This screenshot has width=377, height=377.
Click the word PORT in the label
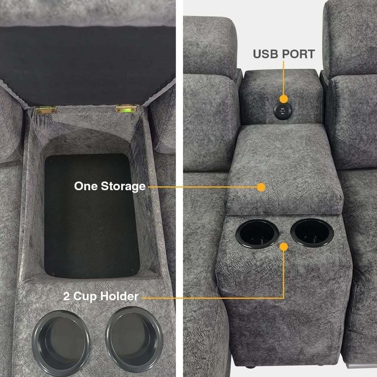click(299, 54)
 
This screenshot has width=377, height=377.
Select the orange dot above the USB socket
click(284, 99)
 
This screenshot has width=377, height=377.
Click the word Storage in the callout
click(123, 186)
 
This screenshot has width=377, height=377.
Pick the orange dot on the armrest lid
click(261, 187)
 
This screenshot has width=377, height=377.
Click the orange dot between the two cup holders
click(284, 247)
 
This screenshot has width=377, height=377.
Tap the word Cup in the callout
click(84, 296)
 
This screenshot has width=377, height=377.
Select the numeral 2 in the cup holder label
click(66, 296)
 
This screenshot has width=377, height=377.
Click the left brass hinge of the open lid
click(46, 110)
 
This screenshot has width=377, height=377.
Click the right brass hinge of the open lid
click(126, 109)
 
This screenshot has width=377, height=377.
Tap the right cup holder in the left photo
click(134, 339)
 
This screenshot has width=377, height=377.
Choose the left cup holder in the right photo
click(257, 234)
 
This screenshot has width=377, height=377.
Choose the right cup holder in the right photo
click(312, 233)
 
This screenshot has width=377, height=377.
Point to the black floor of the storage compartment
click(91, 216)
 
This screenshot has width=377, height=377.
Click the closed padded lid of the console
click(285, 169)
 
